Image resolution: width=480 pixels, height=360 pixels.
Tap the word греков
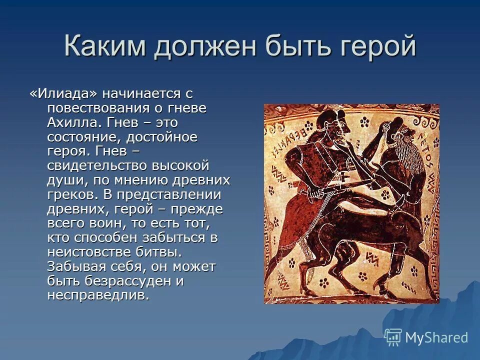[x=71, y=194]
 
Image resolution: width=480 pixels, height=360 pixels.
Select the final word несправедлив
[x=98, y=295]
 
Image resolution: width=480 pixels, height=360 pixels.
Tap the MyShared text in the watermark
[x=436, y=337]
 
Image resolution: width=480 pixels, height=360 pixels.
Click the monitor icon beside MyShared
[x=393, y=337]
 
